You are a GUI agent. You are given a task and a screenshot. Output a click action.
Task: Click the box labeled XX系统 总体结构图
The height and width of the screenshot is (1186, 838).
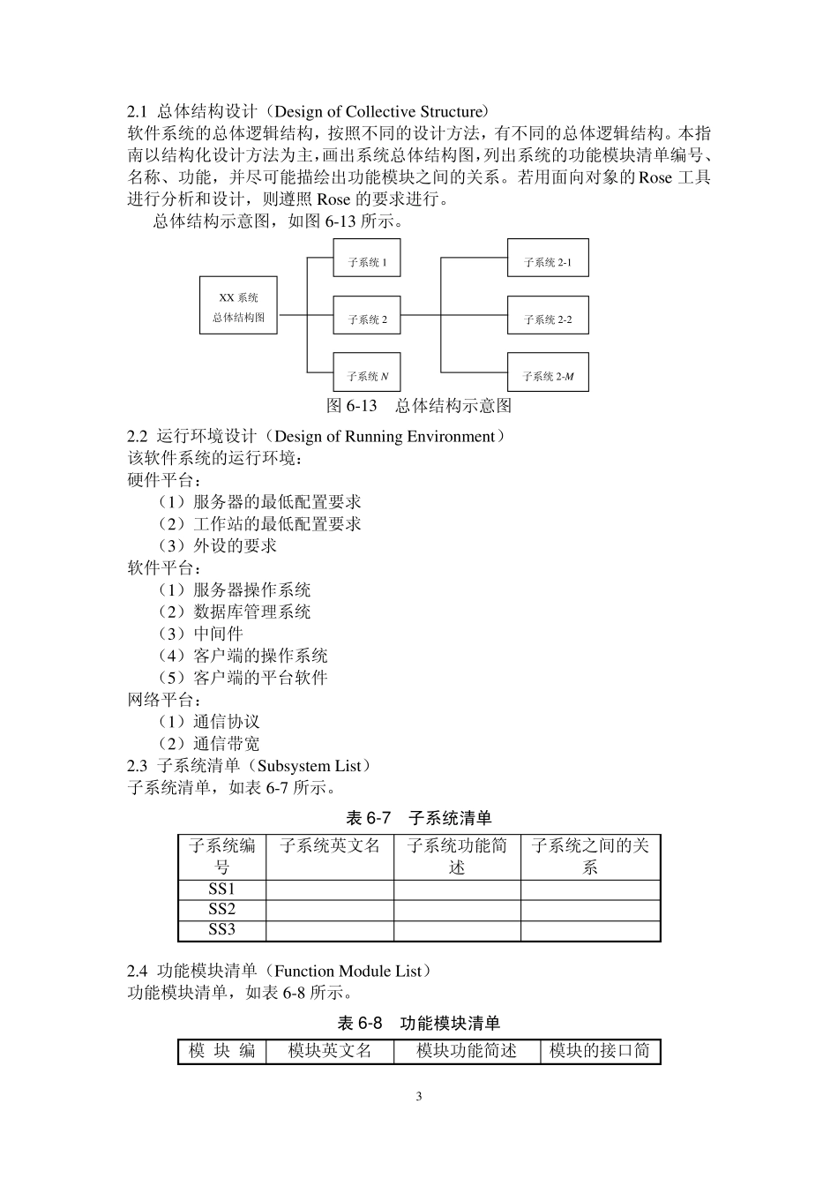(238, 307)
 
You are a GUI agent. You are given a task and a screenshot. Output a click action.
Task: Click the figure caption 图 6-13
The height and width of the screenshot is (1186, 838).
(419, 405)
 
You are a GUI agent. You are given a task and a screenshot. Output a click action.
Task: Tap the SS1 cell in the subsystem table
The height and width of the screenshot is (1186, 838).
(221, 889)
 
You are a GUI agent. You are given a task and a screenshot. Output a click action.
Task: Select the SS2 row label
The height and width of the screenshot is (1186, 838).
(221, 909)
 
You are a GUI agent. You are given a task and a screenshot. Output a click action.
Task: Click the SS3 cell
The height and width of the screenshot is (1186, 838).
(221, 929)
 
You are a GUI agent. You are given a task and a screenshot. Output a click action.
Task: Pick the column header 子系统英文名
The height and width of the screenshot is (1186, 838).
(329, 846)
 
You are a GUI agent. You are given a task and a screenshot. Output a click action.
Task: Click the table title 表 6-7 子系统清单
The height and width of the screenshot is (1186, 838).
(419, 817)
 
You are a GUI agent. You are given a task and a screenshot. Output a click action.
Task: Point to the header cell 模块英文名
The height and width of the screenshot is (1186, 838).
(329, 1051)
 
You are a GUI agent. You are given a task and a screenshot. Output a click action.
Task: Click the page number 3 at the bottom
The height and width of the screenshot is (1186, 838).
(419, 1097)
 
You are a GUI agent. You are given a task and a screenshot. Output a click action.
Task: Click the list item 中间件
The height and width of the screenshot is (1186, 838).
(218, 634)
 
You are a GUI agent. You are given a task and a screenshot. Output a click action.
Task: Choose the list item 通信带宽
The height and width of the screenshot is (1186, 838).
(227, 744)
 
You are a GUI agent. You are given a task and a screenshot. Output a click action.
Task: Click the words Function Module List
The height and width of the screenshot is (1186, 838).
(348, 971)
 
